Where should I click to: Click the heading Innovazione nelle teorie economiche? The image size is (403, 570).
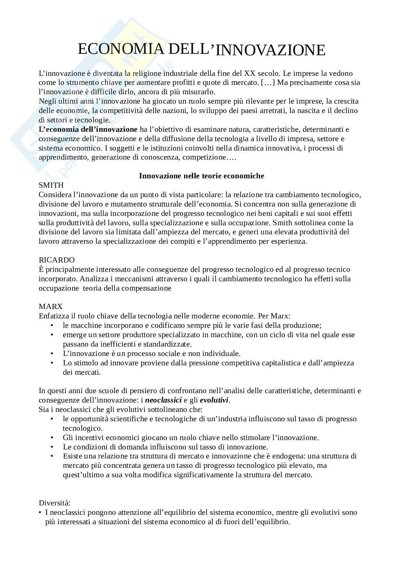coord(201,176)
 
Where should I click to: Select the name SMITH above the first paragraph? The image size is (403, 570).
coord(51,186)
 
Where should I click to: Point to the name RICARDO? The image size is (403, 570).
coord(57,260)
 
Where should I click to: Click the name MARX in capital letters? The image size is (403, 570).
coord(51,306)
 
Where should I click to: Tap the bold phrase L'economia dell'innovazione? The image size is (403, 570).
coord(88,129)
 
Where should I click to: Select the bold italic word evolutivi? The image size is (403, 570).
coord(214,400)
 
